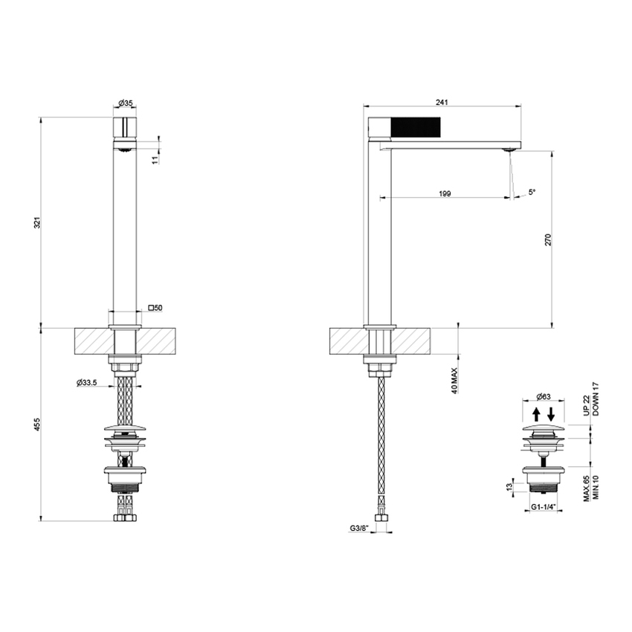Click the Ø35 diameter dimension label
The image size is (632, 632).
coord(125,104)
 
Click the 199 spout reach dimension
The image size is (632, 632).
coord(445,193)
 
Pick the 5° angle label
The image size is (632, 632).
coord(532,192)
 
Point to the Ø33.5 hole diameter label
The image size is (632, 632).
coord(88,383)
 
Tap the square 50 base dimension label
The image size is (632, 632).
coord(155,306)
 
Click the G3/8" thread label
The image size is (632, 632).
coord(360,529)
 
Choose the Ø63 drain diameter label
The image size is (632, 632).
coord(546,396)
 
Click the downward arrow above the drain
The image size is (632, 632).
coord(552,413)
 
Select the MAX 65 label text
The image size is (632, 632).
coord(586,491)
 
